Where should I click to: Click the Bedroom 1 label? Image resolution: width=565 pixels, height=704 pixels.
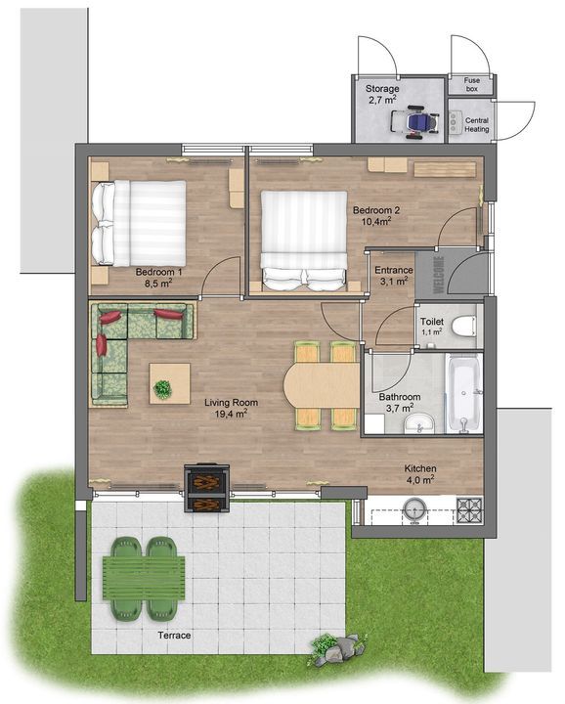pos(154,271)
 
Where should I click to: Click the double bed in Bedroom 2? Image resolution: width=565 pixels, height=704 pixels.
pos(303,240)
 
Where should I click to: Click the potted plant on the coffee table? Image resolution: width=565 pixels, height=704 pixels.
pos(162,388)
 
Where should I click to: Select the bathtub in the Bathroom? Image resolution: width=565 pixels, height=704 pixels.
pos(462,393)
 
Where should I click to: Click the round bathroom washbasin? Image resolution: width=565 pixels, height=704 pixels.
pos(420,423)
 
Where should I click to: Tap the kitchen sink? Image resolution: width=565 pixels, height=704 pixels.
pos(415,508)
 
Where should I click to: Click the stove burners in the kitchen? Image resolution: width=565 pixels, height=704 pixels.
pos(470,508)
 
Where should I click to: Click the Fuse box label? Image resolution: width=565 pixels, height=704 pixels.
pos(471,85)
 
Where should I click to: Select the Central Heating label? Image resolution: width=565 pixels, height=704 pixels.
pos(476,125)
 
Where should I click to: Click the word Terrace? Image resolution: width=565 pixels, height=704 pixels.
pos(174,637)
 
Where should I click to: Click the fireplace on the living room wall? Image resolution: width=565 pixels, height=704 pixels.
pos(206,488)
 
